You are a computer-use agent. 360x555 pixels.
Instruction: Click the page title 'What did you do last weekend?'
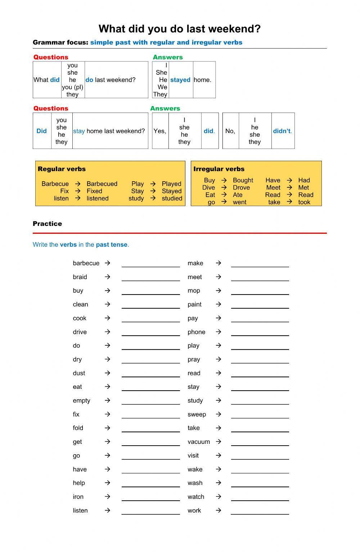pyautogui.click(x=179, y=29)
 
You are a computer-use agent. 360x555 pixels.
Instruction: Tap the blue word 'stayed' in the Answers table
pyautogui.click(x=180, y=80)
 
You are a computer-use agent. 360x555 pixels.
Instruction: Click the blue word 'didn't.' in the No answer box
pyautogui.click(x=282, y=131)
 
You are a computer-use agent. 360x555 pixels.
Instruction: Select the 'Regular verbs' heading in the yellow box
pyautogui.click(x=62, y=169)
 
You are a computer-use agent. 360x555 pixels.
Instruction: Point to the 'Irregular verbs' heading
pyautogui.click(x=219, y=169)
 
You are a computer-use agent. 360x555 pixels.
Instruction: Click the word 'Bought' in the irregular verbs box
pyautogui.click(x=243, y=180)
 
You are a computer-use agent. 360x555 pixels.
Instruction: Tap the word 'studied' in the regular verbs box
pyautogui.click(x=172, y=198)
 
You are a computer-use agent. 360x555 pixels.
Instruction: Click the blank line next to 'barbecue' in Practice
pyautogui.click(x=150, y=264)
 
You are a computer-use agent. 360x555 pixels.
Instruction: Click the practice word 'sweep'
pyautogui.click(x=197, y=414)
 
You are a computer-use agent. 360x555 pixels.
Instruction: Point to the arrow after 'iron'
pyautogui.click(x=107, y=496)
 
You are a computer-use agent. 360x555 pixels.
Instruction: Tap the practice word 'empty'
pyautogui.click(x=81, y=400)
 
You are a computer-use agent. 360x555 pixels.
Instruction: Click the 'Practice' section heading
pyautogui.click(x=47, y=223)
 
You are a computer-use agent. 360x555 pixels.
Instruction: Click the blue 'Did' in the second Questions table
pyautogui.click(x=41, y=131)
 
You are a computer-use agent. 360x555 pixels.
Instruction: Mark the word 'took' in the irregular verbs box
pyautogui.click(x=304, y=202)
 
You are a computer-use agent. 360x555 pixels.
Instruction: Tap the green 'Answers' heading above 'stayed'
pyautogui.click(x=167, y=57)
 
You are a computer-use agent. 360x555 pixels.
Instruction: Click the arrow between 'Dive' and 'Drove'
pyautogui.click(x=224, y=187)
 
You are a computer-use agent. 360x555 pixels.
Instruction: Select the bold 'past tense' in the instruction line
pyautogui.click(x=111, y=245)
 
